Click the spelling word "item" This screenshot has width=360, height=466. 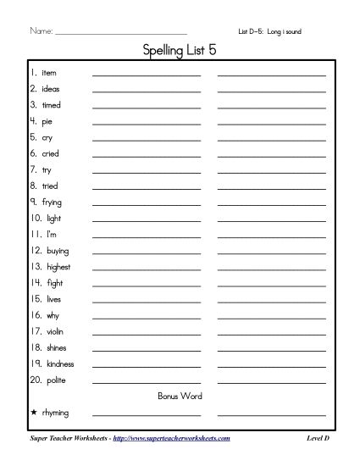coord(48,74)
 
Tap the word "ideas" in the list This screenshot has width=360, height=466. coord(50,89)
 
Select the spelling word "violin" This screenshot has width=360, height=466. coord(52,331)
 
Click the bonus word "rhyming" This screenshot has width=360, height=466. coord(54,413)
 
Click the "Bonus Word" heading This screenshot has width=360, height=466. coord(180,396)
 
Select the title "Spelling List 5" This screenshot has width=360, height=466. coord(180,52)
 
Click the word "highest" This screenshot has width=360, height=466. coord(54,267)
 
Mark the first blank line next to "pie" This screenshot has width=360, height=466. coord(147,123)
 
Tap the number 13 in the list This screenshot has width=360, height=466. coord(36,267)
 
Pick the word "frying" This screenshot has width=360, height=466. coord(52,202)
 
